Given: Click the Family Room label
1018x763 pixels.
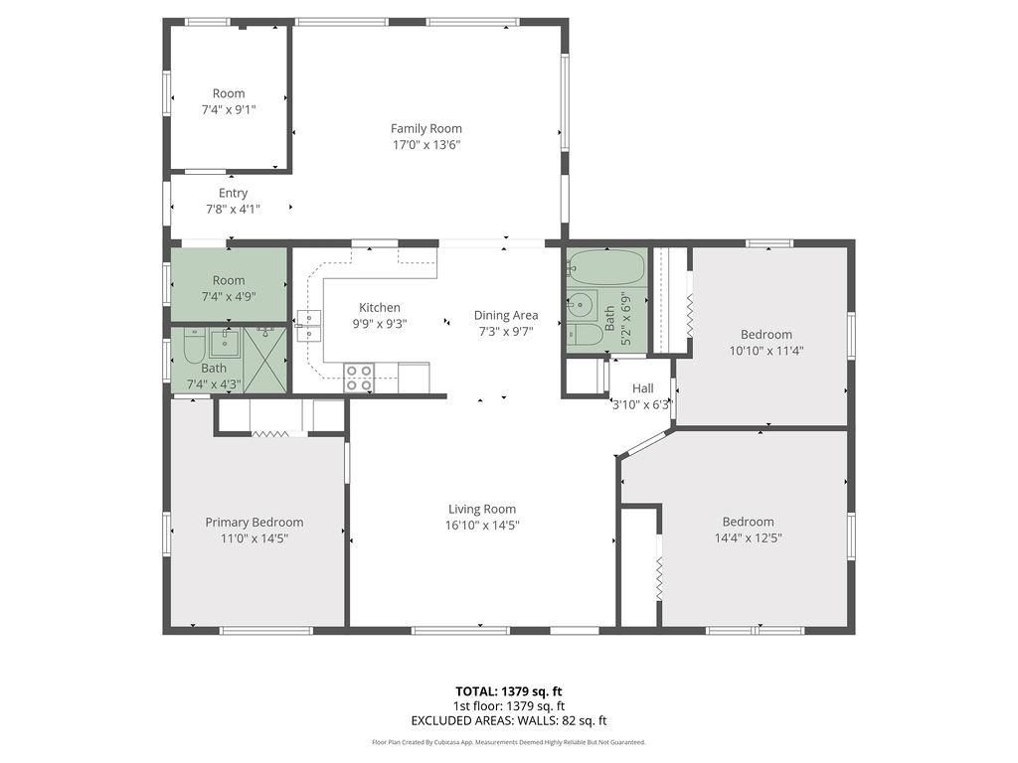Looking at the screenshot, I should (x=425, y=128).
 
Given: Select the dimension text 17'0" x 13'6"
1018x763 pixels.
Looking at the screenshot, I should (x=425, y=145).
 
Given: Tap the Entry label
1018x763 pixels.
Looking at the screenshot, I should (x=233, y=193).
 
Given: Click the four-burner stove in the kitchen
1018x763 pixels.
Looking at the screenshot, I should (x=359, y=378).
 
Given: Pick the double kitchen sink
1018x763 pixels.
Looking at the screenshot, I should (x=308, y=319).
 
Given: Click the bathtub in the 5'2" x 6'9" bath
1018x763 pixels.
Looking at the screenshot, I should (x=606, y=268).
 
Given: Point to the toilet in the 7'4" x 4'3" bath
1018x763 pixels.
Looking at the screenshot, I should (x=193, y=349).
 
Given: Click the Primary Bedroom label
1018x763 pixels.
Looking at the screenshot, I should (x=254, y=523).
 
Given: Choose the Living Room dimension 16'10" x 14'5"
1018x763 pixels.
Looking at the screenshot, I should (x=483, y=526).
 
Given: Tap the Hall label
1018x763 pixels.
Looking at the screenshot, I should (x=642, y=388).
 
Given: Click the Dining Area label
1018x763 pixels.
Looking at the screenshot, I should (x=505, y=316).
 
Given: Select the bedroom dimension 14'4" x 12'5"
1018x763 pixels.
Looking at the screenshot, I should (x=748, y=538).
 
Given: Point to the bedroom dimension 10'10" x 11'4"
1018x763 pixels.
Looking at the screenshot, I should (x=765, y=351).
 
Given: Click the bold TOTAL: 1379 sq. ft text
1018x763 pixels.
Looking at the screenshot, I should (x=509, y=691).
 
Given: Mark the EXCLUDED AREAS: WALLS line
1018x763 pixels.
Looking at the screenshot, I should (x=509, y=721).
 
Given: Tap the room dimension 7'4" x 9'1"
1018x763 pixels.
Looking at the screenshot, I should (x=229, y=110).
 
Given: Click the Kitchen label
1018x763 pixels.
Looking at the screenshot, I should (x=380, y=308).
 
